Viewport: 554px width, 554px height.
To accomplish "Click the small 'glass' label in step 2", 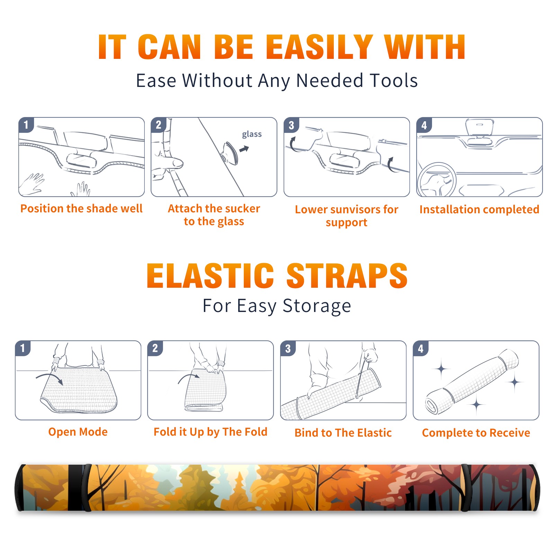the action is tap(252, 134).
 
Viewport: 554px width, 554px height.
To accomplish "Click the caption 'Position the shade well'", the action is tap(81, 208).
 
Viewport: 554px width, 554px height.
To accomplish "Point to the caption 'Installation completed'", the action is tap(479, 209).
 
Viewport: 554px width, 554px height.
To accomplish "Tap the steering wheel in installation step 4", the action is tap(436, 180).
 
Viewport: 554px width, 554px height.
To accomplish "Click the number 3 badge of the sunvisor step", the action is tap(291, 125).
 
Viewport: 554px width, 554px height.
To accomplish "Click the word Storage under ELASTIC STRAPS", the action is tap(317, 306).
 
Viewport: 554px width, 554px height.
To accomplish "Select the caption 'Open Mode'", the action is tap(78, 432).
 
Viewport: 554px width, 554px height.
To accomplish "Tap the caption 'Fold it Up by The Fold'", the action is tap(210, 432).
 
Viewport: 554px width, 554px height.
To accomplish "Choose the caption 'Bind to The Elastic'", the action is tap(343, 433).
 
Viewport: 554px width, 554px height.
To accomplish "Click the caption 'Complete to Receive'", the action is tap(476, 433).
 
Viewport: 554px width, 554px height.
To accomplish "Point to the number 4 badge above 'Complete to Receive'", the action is tap(421, 348).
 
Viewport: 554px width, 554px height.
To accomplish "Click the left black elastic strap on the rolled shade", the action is tap(87, 488).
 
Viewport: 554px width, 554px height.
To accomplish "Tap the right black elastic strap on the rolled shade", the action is tap(465, 488).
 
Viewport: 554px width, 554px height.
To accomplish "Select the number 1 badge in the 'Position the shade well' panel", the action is tap(26, 125).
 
